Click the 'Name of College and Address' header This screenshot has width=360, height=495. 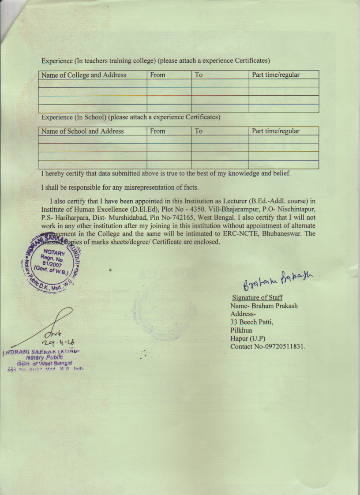84,75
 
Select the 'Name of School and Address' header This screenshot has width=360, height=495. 82,131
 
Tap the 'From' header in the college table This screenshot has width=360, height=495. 157,75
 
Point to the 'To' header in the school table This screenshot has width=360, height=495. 199,131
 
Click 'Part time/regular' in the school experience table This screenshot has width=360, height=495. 275,131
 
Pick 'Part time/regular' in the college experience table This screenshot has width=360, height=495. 275,75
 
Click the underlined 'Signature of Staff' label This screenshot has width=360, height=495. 257,298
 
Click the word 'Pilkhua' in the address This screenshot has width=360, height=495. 242,330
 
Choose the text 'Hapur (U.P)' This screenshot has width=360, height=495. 247,338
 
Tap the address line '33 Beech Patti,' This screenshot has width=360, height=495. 252,322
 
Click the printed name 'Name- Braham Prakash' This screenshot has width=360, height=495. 263,306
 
